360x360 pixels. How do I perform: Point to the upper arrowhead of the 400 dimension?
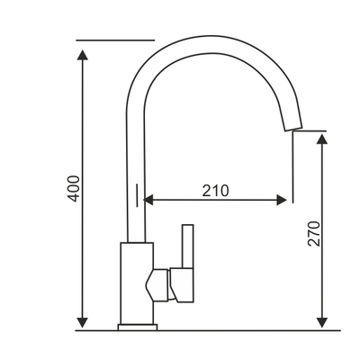83,55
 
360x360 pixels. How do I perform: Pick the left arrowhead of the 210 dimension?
150,199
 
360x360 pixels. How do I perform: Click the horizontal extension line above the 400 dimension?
115,40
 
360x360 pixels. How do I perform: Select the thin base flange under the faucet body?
137,328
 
